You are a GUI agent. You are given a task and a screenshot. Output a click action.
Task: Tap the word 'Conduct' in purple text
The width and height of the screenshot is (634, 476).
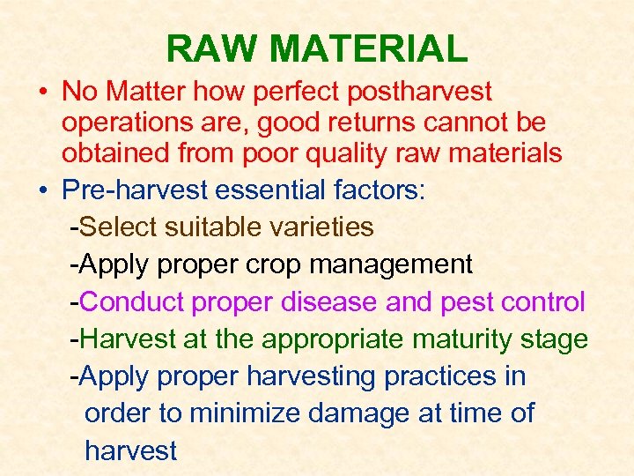pos(132,302)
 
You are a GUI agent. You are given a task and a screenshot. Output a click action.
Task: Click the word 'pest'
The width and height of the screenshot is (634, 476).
pos(466,302)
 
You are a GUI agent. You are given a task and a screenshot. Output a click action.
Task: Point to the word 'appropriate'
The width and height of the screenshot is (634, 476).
pos(335,339)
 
